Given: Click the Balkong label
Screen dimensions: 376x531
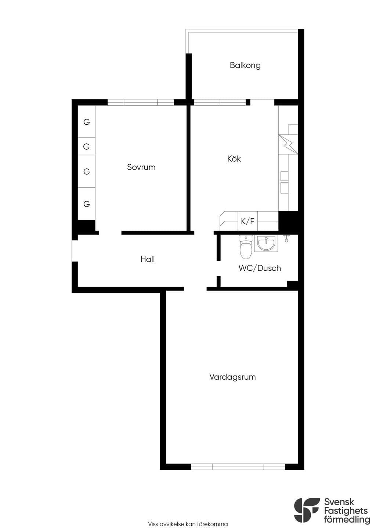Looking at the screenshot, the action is (x=245, y=65).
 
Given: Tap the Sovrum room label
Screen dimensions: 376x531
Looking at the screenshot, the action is (x=141, y=167).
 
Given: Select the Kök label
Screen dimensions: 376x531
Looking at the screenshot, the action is (x=234, y=158).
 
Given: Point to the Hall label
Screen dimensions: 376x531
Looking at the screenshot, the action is (x=147, y=259).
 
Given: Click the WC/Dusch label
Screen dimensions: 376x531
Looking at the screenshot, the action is (x=260, y=268).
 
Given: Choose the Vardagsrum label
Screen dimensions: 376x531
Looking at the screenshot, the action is (x=232, y=377).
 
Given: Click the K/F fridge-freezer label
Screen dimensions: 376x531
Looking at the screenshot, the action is (x=247, y=221).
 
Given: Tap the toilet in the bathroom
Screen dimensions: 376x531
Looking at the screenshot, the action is (x=246, y=247).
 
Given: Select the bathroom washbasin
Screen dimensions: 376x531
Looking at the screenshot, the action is (x=266, y=243).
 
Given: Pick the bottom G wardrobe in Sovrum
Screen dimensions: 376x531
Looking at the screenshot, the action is (x=87, y=204).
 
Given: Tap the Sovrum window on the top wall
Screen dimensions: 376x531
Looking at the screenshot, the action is (x=141, y=102).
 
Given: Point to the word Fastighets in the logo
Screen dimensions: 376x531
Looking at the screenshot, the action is (x=346, y=510).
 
